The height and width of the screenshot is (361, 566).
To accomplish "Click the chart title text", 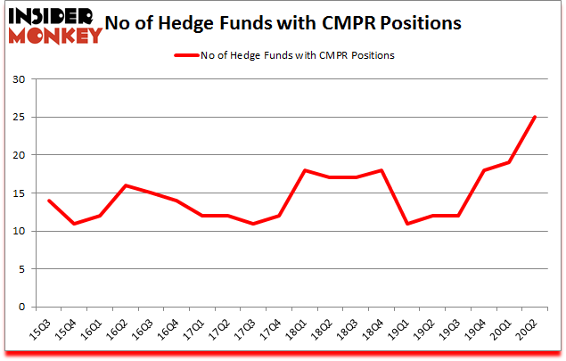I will (x=283, y=24).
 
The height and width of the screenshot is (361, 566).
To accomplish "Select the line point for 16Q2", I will (x=127, y=185).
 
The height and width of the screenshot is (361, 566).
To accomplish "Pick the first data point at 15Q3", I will (x=49, y=201).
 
